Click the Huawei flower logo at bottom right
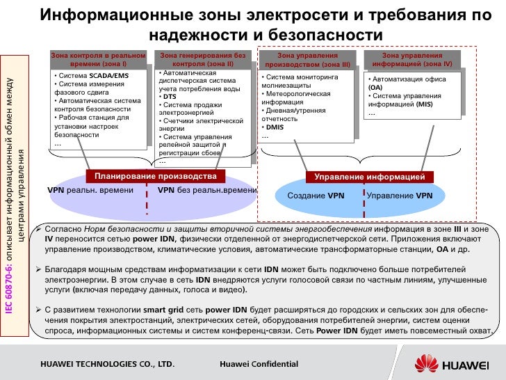(427, 363)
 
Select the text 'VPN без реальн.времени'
(207, 189)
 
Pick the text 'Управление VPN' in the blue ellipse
(400, 196)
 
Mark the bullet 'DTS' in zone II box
(170, 97)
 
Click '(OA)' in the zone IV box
(375, 88)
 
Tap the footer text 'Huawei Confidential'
(259, 364)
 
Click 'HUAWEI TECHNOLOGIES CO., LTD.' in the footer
(106, 364)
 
